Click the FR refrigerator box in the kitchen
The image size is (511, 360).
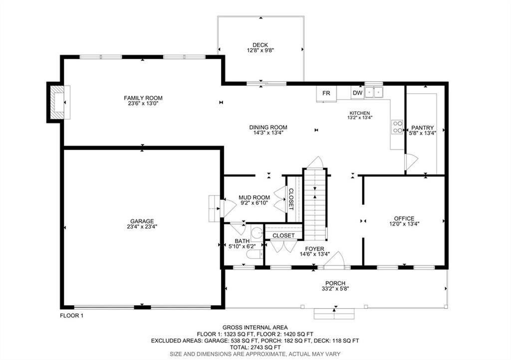click(x=326, y=93)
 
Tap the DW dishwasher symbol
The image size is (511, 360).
click(x=357, y=93)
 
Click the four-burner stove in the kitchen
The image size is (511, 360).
click(x=397, y=127)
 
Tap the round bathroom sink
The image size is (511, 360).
click(x=256, y=233)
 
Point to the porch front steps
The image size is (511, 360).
click(x=334, y=314)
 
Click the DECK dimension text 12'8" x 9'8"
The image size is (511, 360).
click(x=260, y=50)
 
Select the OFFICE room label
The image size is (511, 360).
click(x=404, y=218)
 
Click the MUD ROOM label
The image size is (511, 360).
click(x=254, y=197)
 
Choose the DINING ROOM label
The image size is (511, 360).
click(x=268, y=127)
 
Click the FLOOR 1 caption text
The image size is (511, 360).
click(x=71, y=316)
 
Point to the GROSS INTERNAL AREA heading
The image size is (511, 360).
click(x=255, y=327)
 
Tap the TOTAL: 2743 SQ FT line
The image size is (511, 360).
click(x=255, y=347)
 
